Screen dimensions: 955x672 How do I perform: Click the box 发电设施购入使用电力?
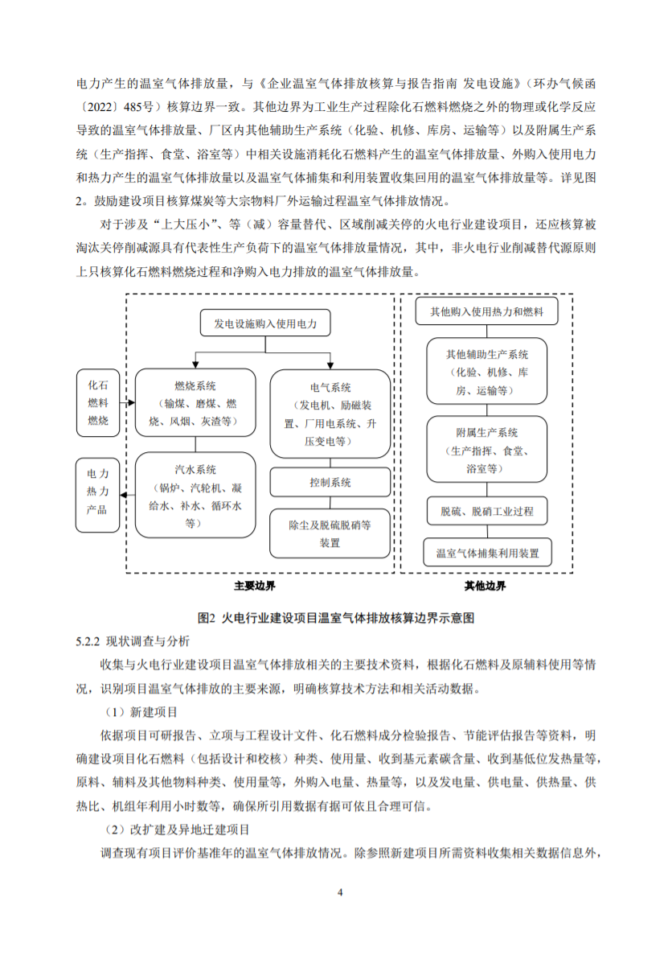265,325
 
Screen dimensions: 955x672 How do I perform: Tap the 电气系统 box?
330,414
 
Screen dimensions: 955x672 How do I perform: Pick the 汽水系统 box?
195,495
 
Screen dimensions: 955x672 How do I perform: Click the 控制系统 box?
330,482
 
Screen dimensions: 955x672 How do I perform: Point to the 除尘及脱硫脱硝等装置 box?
330,533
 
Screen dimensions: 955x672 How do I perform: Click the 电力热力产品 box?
96,495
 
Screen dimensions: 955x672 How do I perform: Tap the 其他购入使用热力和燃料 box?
487,311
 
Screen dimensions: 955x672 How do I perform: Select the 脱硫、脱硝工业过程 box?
487,510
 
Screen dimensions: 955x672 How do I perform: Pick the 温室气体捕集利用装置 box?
487,553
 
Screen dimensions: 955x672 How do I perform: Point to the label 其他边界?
486,587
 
